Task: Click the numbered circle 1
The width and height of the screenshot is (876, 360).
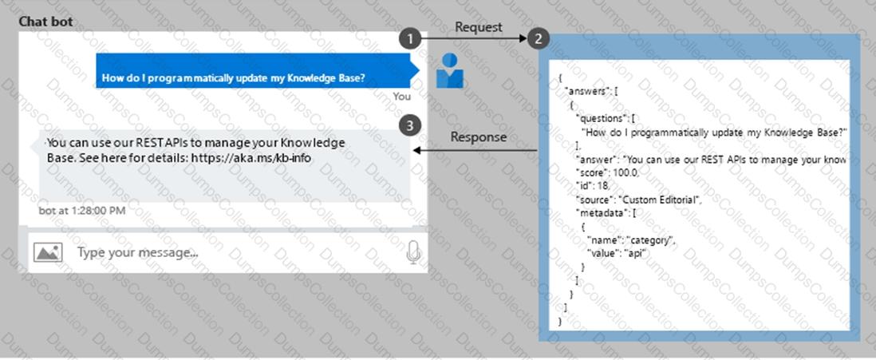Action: coord(409,38)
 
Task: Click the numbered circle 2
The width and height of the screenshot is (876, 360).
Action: coord(539,38)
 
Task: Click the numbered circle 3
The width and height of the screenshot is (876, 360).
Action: coord(409,125)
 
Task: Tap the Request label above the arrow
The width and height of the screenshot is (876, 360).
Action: coord(479,27)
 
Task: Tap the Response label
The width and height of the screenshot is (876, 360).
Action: coord(478,136)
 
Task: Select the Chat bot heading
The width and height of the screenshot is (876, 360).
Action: coord(45,22)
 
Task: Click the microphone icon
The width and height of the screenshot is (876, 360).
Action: coord(413,252)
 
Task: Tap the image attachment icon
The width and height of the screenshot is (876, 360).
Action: coord(48,252)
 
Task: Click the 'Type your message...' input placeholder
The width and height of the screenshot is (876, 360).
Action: coord(137,252)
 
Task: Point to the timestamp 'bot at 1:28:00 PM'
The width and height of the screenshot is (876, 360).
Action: coord(82,210)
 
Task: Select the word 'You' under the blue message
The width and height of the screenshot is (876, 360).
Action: coord(402,96)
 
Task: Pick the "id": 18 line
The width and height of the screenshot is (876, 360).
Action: coord(593,185)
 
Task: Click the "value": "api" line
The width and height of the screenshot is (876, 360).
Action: coord(617,253)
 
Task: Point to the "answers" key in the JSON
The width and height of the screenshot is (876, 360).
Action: coord(585,90)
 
